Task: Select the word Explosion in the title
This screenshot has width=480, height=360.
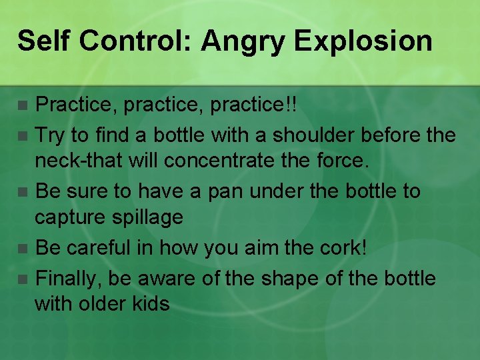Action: [363, 41]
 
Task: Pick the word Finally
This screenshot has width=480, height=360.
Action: [70, 278]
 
